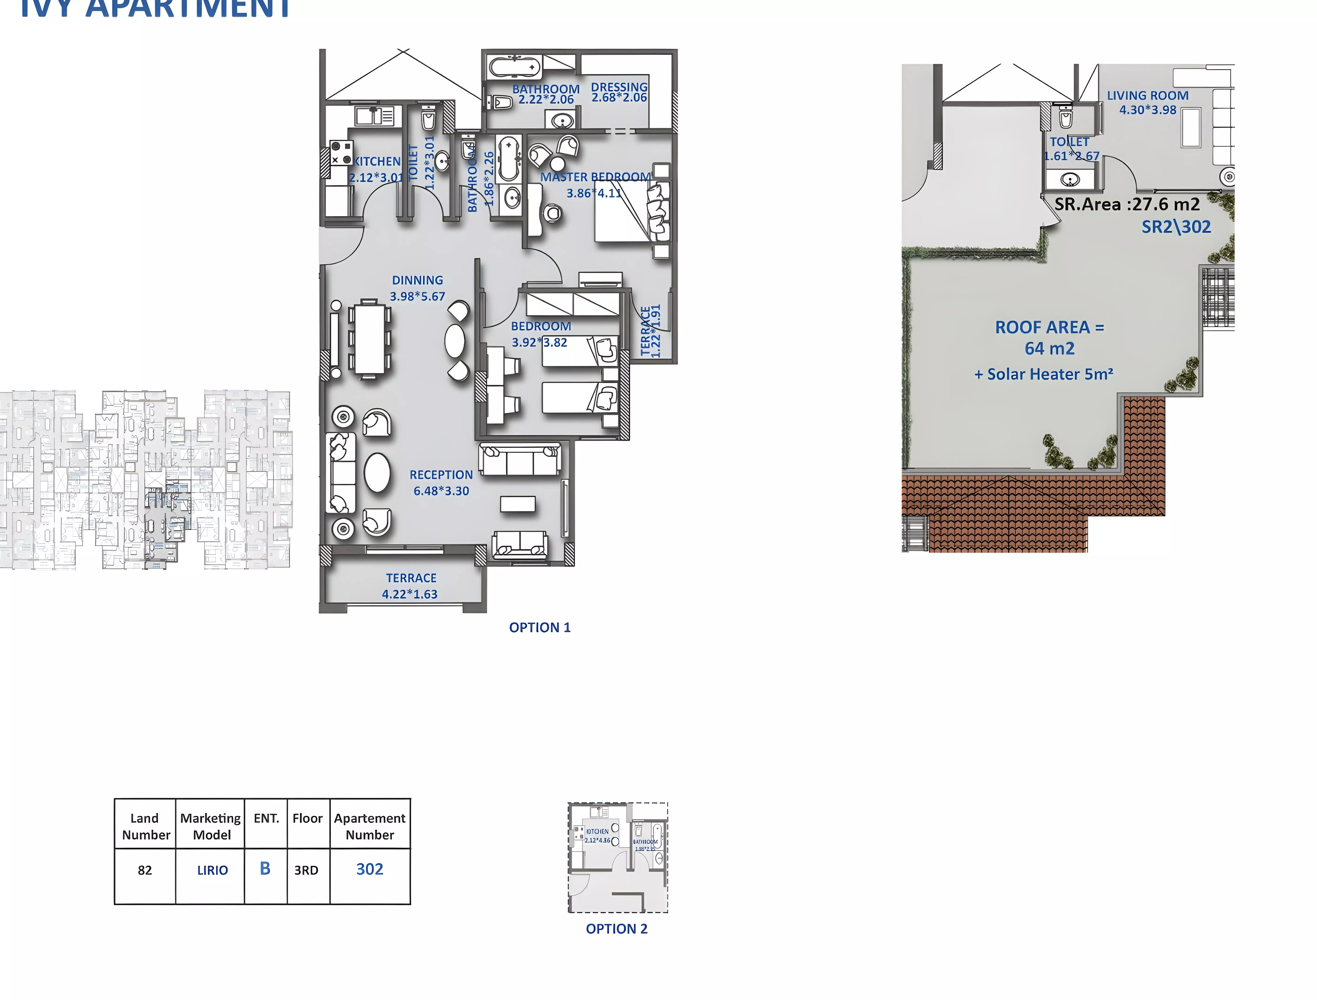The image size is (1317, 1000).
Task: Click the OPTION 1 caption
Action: [x=540, y=627]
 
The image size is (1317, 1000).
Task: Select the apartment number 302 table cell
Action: [x=370, y=869]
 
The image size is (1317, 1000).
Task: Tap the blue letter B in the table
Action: [x=265, y=868]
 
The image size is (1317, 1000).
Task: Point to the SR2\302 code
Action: [x=1176, y=227]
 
